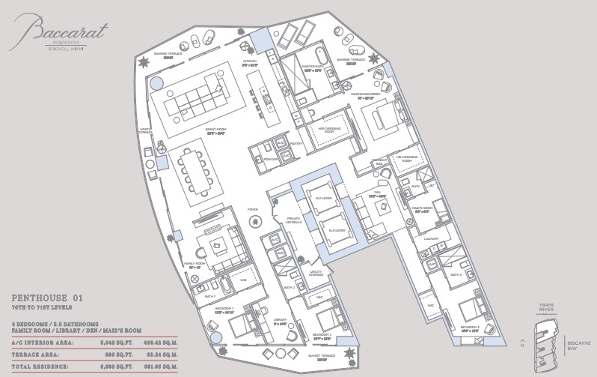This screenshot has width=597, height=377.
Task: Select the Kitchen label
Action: point(250,61)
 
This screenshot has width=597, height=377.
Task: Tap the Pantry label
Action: point(296,143)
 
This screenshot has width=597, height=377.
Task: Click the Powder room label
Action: point(270,159)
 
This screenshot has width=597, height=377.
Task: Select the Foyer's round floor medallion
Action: point(255,221)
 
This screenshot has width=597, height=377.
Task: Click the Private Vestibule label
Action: point(293,220)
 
